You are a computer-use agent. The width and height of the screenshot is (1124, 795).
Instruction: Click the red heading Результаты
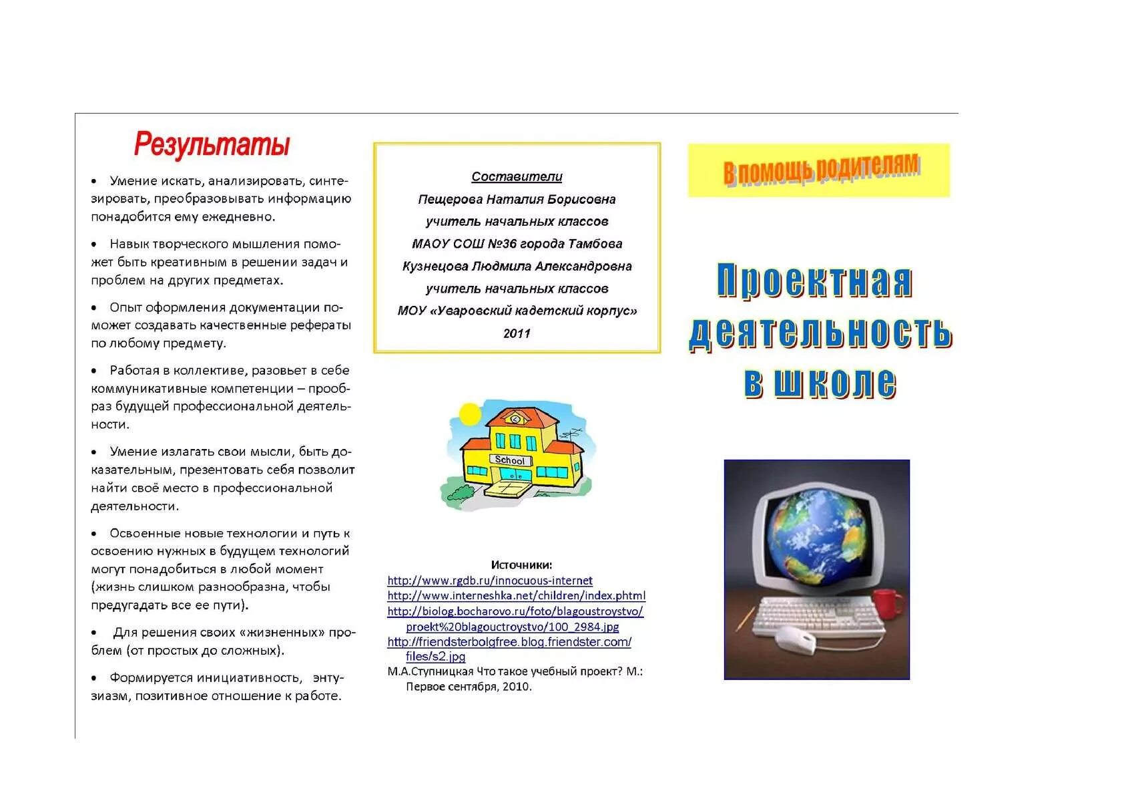(212, 144)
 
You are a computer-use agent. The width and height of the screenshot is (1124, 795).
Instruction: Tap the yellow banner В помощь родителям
(819, 170)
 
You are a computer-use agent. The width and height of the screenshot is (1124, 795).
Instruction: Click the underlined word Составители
(517, 176)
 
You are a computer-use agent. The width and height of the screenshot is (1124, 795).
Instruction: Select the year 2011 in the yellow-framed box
(517, 333)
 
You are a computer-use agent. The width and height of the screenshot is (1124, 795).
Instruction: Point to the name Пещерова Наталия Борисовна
(517, 199)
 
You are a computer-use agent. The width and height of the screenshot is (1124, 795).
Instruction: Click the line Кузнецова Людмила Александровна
(517, 266)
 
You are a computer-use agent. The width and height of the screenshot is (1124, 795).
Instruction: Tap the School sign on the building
(510, 460)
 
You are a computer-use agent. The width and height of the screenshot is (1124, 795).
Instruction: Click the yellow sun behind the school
(469, 414)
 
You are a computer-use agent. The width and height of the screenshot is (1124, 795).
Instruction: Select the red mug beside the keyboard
(888, 603)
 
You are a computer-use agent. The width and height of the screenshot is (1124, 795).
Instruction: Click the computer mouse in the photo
(796, 639)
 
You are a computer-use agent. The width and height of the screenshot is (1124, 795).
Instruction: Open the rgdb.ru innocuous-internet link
(490, 581)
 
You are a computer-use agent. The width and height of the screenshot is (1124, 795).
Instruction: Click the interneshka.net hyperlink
(516, 595)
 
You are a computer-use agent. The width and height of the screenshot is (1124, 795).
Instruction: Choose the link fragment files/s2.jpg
(435, 656)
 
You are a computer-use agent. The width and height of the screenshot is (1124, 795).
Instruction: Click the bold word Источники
(521, 565)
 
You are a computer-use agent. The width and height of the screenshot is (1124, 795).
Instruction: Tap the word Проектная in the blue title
(814, 281)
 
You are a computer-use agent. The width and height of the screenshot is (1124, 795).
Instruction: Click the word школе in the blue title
(835, 383)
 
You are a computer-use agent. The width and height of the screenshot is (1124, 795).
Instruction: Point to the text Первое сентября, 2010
(469, 686)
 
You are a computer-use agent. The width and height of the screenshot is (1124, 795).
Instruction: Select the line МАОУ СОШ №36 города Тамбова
(517, 244)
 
